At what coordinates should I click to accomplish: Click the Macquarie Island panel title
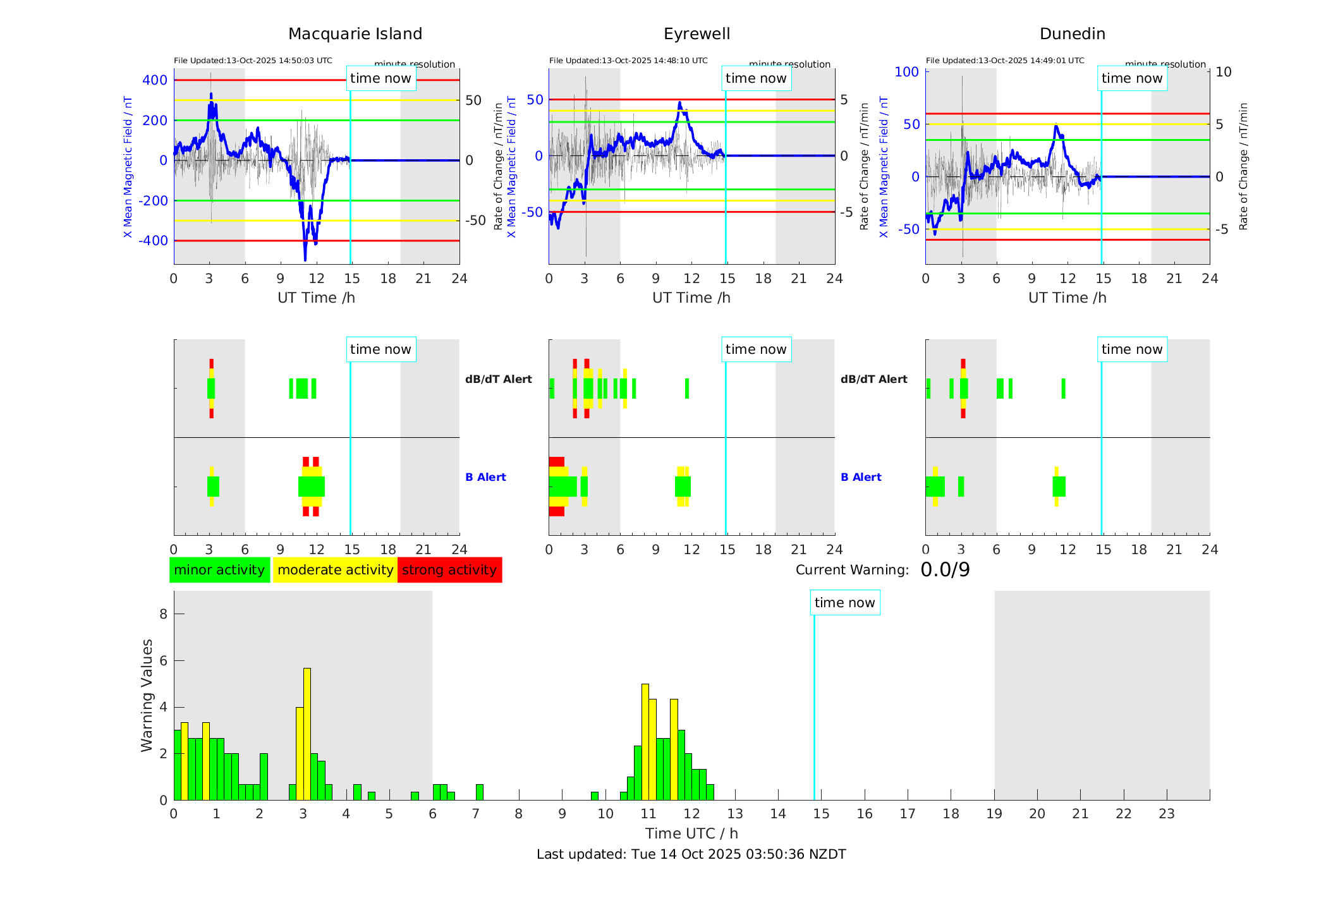[355, 34]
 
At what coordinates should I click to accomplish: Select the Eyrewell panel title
[696, 34]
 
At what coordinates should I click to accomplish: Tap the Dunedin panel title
[1072, 34]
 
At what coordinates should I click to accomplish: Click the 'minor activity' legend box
[219, 570]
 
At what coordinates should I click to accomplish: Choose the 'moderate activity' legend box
[335, 570]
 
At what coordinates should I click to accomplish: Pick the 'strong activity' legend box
[449, 570]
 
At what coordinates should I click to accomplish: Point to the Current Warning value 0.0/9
[945, 570]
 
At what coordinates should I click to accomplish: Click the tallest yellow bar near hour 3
[307, 733]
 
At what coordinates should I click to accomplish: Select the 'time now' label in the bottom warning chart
[844, 603]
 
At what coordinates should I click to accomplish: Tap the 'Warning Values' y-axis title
[147, 695]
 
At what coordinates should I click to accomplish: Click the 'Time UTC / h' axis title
[691, 833]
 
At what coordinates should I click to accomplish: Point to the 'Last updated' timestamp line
[691, 854]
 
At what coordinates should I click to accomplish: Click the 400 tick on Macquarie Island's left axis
[155, 80]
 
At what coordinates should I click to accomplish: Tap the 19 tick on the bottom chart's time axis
[994, 814]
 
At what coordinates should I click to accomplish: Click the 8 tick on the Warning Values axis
[164, 614]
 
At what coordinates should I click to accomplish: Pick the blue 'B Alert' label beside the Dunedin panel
[861, 477]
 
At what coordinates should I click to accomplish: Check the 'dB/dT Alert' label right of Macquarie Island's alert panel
[498, 379]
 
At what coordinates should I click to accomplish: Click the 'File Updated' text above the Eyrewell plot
[628, 61]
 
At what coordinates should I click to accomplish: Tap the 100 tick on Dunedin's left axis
[907, 72]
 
